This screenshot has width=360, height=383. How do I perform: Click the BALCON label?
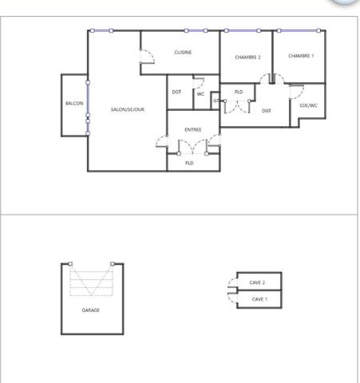point(74,104)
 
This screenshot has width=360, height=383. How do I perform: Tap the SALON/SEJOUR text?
point(128,109)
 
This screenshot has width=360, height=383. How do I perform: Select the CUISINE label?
point(183,53)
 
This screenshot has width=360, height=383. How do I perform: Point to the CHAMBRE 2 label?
point(247,57)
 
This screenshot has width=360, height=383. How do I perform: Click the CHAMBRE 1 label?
point(301,56)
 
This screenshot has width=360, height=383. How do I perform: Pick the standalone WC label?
point(200,93)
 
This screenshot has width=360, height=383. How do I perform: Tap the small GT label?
point(216,101)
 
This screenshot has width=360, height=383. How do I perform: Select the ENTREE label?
point(192,129)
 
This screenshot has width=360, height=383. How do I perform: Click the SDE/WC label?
point(308,105)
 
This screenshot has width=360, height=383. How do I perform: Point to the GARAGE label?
point(91,310)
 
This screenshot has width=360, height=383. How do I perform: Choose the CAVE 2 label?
point(257,282)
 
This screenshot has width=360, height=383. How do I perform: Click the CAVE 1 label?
point(259,299)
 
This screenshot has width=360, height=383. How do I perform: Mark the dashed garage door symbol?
point(92,282)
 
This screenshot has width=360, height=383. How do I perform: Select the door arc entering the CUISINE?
point(146,56)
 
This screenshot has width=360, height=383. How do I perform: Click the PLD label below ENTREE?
point(189,163)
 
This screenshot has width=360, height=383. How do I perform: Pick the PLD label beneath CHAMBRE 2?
point(238,93)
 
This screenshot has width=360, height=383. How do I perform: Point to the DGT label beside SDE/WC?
point(267,110)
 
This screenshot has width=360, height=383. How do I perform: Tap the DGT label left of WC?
point(176,92)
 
